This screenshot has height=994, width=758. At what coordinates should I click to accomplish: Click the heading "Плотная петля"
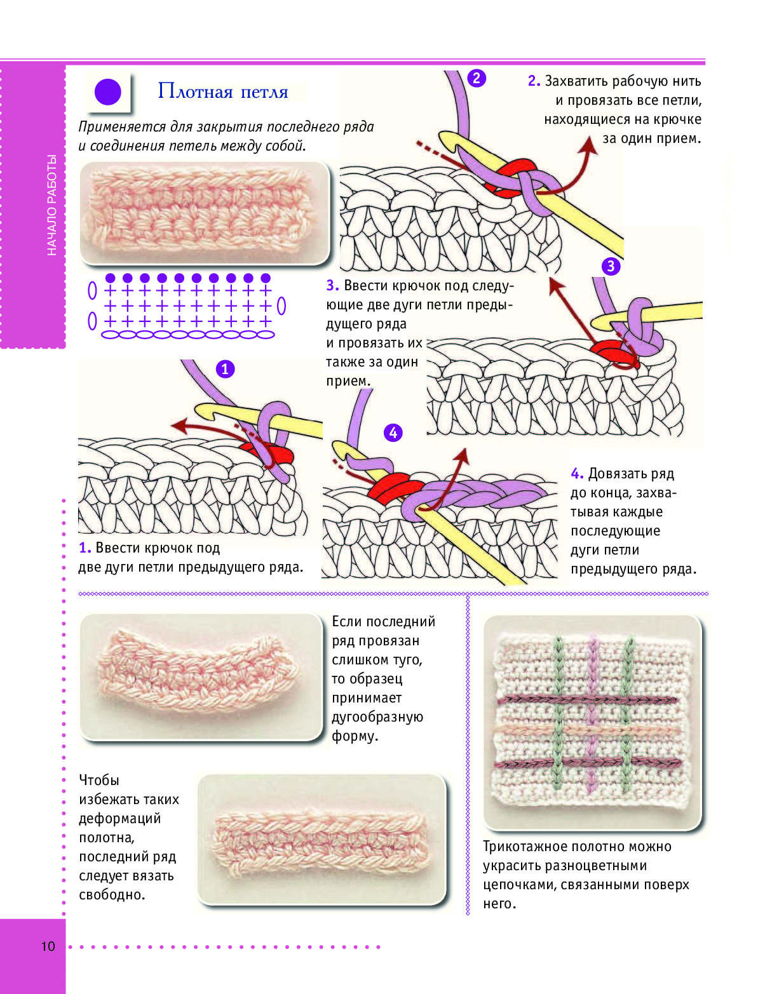(x=223, y=92)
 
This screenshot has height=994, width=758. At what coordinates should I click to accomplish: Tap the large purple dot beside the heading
(x=108, y=92)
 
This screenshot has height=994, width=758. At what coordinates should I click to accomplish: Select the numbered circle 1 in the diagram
(x=225, y=369)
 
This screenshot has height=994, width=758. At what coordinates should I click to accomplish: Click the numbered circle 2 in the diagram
(x=477, y=78)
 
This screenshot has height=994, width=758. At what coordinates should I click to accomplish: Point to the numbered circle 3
(x=611, y=266)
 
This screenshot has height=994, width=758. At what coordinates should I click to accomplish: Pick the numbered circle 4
(x=393, y=433)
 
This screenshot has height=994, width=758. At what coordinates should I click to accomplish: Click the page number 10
(x=48, y=946)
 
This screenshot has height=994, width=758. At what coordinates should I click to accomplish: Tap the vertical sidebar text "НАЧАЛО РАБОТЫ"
(x=52, y=205)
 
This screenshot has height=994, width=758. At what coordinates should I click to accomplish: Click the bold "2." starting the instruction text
(x=534, y=81)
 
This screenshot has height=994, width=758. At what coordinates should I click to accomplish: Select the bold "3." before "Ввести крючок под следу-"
(x=332, y=285)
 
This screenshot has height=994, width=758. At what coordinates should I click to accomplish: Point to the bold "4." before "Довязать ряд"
(x=577, y=474)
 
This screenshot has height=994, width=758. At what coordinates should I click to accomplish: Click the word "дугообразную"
(x=377, y=717)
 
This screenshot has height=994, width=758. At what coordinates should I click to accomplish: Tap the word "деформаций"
(x=120, y=819)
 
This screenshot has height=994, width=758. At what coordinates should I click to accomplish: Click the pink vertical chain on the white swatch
(x=592, y=713)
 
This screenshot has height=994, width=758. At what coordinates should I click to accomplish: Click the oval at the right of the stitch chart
(x=281, y=306)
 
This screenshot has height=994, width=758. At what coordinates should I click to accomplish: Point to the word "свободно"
(x=112, y=895)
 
